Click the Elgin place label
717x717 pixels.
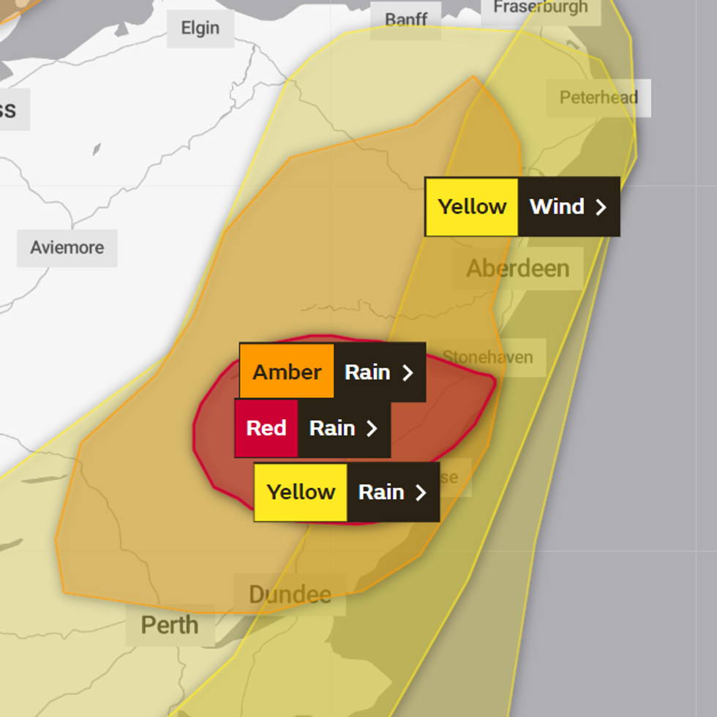click(200, 29)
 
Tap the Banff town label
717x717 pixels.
click(406, 19)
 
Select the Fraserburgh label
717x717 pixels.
click(540, 7)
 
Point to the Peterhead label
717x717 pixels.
click(598, 97)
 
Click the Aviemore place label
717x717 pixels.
click(67, 247)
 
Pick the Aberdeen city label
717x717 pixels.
click(517, 268)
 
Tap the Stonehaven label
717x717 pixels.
click(487, 358)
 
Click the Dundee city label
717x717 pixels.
click(290, 594)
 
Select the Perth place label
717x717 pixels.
click(170, 626)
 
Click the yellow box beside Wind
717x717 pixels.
click(472, 206)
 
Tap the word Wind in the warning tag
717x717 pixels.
click(557, 206)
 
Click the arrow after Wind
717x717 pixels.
click(601, 207)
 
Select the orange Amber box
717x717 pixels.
click(287, 372)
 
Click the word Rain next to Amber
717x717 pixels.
click(367, 372)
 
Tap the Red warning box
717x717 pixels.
click(266, 428)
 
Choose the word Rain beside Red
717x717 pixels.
click(332, 428)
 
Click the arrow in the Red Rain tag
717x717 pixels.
click(372, 429)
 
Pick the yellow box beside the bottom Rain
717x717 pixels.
click(301, 492)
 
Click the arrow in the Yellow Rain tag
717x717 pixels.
click(421, 492)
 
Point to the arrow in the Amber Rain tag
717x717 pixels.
click(408, 373)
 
